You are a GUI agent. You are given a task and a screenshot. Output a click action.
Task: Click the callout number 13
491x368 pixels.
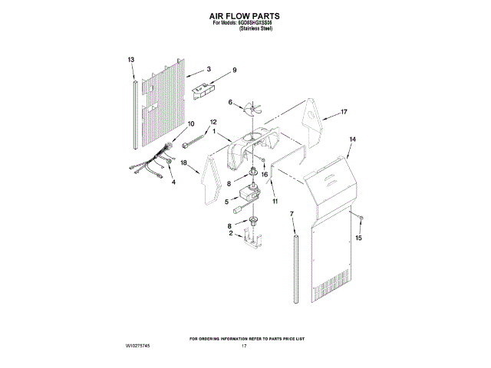point(131,59)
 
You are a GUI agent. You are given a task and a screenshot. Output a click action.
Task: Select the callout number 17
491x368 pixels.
point(344,112)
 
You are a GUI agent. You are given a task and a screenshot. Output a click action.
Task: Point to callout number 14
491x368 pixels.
point(353,140)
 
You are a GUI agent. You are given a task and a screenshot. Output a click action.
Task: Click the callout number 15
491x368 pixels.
point(358,238)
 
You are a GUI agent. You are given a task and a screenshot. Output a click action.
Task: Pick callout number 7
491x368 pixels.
point(292,212)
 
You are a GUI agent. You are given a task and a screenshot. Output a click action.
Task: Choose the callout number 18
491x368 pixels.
point(183,163)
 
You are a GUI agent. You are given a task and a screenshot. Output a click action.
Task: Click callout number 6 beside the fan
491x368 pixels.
point(229,102)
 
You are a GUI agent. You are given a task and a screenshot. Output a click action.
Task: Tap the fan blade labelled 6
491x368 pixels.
point(250,111)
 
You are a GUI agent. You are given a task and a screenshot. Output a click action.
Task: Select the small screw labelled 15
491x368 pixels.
point(361,220)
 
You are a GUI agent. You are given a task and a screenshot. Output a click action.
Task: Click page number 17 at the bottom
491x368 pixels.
point(244,347)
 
